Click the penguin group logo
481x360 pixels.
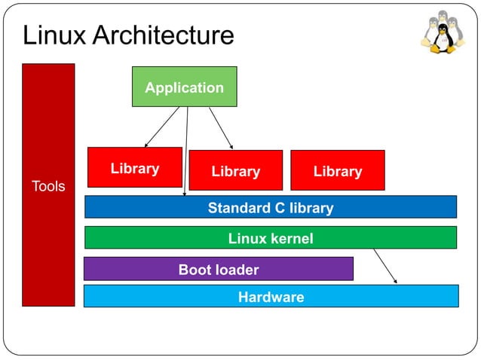[443, 33]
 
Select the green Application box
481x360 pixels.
[184, 87]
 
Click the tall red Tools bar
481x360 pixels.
[48, 185]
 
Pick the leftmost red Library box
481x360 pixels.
[135, 167]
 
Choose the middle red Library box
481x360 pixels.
[235, 170]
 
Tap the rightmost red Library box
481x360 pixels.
[337, 170]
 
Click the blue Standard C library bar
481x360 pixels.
[270, 207]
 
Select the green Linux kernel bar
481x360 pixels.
[270, 238]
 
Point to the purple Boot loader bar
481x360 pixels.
[218, 269]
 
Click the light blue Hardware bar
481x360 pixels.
[271, 296]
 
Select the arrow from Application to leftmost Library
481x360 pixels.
[161, 127]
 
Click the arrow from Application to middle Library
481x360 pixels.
[221, 127]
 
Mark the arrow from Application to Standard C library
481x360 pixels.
[186, 151]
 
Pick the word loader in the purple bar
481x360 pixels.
[236, 270]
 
